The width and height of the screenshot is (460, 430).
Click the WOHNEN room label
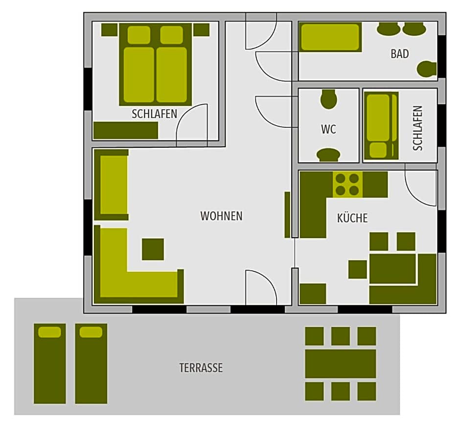point(221,216)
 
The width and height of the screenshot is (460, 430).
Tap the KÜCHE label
point(352,218)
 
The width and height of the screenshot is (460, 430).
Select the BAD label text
point(399,54)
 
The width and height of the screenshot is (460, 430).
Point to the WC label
point(328,130)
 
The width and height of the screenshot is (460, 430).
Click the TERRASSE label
point(201,368)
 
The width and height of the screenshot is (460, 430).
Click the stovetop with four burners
point(348,184)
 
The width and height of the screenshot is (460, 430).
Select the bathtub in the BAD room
point(330,37)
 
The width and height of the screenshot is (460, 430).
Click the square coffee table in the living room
point(153,249)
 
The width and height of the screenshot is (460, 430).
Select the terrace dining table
point(341,363)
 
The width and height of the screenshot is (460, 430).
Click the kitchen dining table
point(392,268)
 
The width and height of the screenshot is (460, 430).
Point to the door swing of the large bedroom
point(193,125)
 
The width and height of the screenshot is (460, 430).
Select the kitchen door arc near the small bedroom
point(421,186)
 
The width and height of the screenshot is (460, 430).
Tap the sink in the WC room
point(328,155)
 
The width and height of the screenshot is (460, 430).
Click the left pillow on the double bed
point(138,35)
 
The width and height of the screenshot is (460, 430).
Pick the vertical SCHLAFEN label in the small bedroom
point(417,128)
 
